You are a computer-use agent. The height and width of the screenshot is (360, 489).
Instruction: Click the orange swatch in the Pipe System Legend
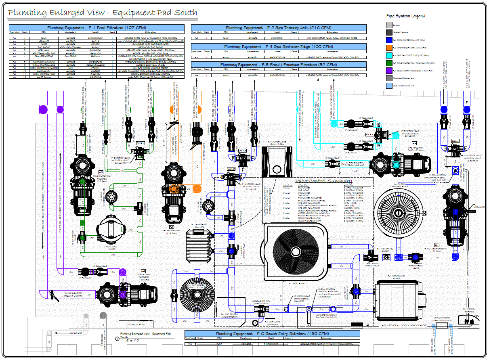tap(389, 48)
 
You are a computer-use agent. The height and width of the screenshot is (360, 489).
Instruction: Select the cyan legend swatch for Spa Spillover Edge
tap(389, 55)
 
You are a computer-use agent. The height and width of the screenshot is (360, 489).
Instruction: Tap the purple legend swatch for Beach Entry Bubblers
tap(389, 70)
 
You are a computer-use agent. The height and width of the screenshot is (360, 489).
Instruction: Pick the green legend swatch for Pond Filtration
tap(389, 63)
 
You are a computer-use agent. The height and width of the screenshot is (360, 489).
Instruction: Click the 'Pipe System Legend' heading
tap(405, 16)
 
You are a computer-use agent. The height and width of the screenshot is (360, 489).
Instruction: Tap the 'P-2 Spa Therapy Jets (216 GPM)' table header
tap(278, 28)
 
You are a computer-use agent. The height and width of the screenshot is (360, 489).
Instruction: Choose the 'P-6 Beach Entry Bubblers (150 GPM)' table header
tap(272, 334)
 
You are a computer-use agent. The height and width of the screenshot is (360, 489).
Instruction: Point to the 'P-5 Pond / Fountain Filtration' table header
tap(278, 65)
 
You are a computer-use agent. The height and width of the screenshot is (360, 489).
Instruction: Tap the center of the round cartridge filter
tap(398, 211)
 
